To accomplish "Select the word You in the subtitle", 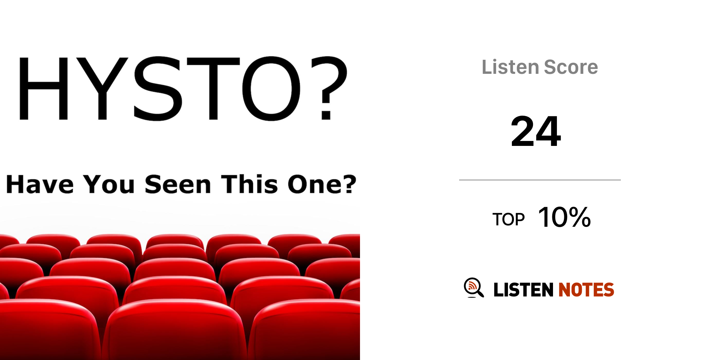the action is point(109,184).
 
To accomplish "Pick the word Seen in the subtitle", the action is point(178,184).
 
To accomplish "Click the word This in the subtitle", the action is point(249,184).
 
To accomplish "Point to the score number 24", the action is point(536,131).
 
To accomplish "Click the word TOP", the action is point(508,219).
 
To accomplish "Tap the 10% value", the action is point(565,217).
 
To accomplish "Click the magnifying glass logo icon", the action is point(474,288).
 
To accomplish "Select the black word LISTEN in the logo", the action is point(523,290).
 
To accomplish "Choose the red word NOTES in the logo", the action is point(586,290).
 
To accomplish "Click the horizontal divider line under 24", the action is point(540,180).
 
